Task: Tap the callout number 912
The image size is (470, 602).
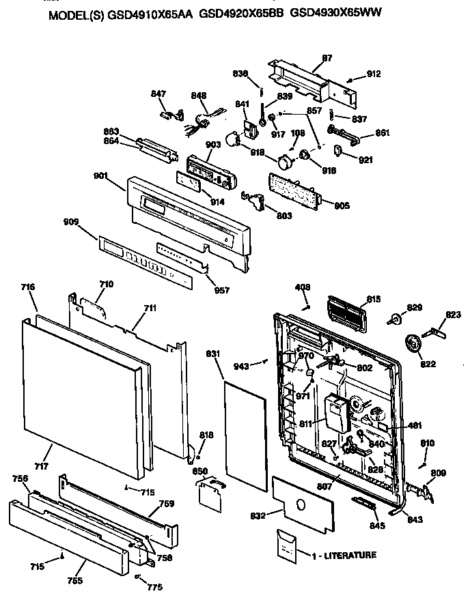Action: click(374, 74)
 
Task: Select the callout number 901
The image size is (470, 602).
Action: click(101, 175)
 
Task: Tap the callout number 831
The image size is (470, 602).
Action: click(212, 354)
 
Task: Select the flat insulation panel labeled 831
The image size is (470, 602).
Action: click(245, 431)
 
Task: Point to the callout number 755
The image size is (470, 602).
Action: click(75, 580)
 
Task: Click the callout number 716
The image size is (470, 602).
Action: click(27, 289)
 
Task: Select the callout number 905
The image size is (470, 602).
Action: click(341, 204)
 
